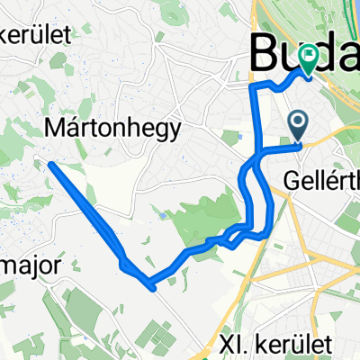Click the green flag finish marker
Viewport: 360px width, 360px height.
pos(310,59)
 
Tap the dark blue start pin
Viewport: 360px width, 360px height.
pos(298,122)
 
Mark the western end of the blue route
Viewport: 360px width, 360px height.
pos(51,164)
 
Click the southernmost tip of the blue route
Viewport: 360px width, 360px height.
pos(153,288)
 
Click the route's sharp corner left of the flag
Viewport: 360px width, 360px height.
pos(253,85)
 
